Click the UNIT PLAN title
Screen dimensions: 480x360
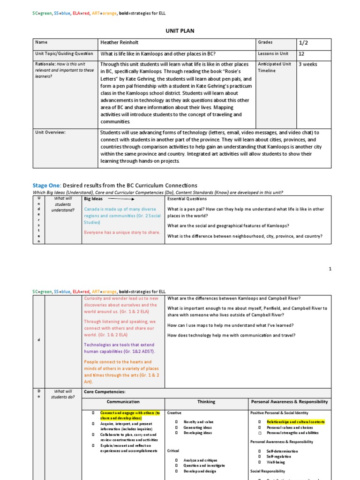click(180, 31)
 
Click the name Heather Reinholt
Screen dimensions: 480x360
click(120, 43)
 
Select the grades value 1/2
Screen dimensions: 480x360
click(303, 43)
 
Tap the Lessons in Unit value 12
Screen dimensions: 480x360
click(301, 54)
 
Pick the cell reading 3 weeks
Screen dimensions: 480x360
click(307, 64)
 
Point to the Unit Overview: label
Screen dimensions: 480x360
click(51, 132)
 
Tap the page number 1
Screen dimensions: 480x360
click(330, 269)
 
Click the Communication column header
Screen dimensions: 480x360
click(123, 402)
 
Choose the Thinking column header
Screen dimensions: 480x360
click(206, 402)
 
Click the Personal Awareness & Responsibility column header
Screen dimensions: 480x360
click(290, 402)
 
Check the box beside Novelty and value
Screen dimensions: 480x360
click(177, 422)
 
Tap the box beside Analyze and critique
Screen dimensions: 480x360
click(177, 460)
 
